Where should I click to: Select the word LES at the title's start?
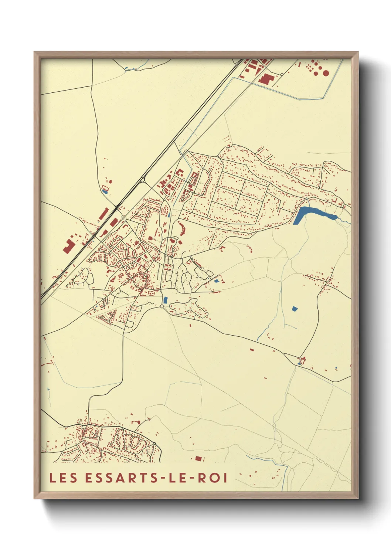[63, 478]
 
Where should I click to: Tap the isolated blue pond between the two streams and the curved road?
[295, 309]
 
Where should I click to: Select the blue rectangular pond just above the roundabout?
[166, 300]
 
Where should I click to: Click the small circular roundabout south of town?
[161, 306]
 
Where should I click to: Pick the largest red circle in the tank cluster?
[326, 73]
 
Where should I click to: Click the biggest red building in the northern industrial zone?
[265, 79]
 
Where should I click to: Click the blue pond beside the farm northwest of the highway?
[105, 191]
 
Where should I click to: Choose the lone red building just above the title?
[199, 459]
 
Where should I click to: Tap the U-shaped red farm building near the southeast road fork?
[303, 360]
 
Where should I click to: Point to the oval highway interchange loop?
[142, 180]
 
